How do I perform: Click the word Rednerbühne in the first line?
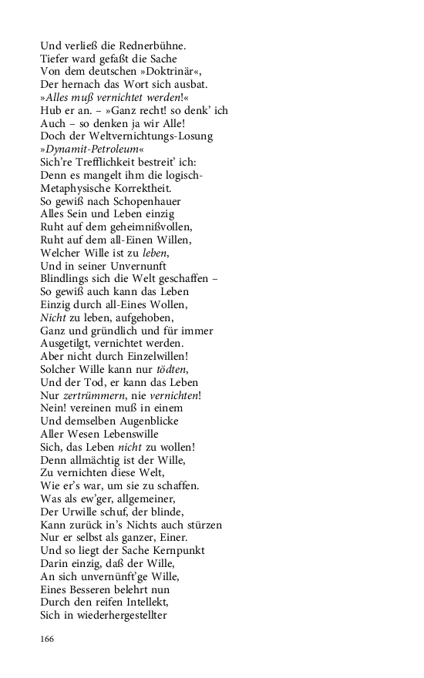tap(154, 45)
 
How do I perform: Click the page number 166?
tap(49, 638)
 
